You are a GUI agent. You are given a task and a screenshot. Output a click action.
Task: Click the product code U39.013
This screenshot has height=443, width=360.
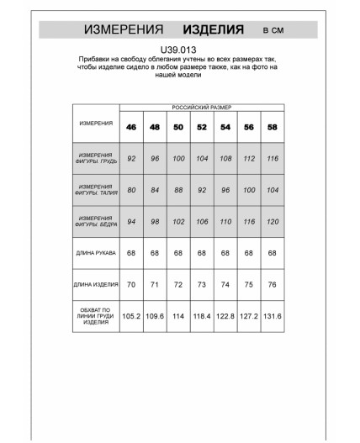click(x=179, y=50)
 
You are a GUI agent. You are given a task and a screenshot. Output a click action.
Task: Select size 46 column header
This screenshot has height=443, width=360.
click(x=131, y=127)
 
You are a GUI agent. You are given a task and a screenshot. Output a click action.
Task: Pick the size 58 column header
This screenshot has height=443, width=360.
click(x=272, y=127)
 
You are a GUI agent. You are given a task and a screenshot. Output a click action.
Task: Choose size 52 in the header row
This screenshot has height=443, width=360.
click(x=202, y=127)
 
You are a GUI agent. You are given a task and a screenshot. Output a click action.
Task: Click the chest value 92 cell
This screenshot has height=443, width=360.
click(x=131, y=158)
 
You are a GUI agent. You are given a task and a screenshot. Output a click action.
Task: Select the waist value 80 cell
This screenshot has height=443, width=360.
click(x=131, y=190)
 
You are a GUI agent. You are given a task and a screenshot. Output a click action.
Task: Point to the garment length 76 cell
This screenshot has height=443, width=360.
click(x=272, y=284)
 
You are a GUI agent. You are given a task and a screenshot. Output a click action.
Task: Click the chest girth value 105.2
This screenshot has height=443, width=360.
click(x=131, y=318)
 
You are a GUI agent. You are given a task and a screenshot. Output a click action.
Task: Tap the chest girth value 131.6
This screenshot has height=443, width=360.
click(x=272, y=318)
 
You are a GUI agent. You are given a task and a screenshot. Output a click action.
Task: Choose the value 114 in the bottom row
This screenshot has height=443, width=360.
click(x=178, y=318)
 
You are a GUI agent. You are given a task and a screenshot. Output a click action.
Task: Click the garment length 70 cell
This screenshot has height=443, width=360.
click(x=131, y=284)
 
